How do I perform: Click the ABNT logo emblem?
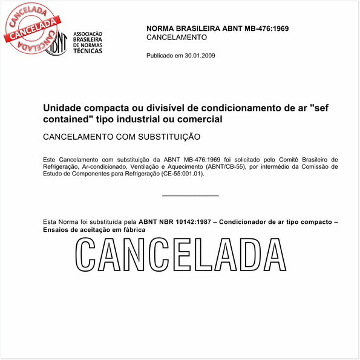56,41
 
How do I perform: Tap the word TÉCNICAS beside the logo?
87,50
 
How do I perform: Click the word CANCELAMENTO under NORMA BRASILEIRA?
177,38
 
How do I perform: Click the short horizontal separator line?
191,195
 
